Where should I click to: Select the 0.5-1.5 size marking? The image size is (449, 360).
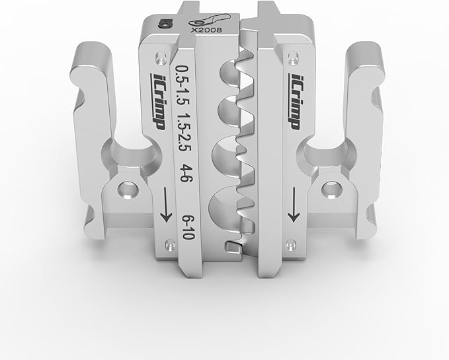pyautogui.click(x=181, y=86)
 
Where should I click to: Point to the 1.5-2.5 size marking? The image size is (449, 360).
pyautogui.click(x=184, y=132)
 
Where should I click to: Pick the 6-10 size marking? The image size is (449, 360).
pyautogui.click(x=189, y=227)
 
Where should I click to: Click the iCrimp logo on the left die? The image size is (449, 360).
pyautogui.click(x=157, y=102)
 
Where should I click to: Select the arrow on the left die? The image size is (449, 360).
pyautogui.click(x=166, y=205)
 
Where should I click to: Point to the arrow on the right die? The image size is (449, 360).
pyautogui.click(x=294, y=205)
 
